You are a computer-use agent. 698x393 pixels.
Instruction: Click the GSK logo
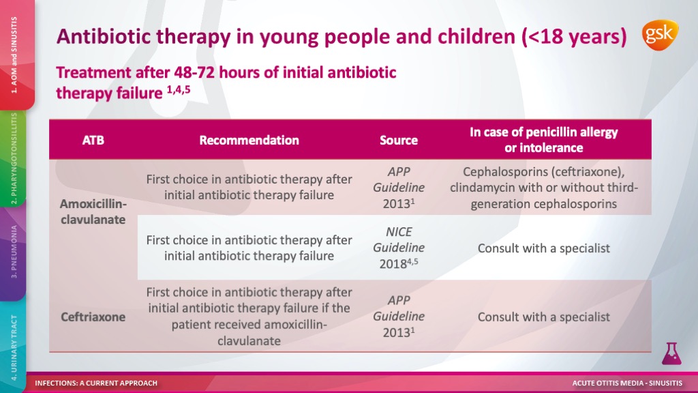coord(660,35)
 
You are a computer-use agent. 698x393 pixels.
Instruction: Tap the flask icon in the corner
coord(671,353)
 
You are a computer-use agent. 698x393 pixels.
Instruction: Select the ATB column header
coord(93,141)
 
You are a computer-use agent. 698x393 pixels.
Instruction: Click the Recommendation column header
coord(249,141)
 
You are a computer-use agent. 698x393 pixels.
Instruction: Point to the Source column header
coord(398,141)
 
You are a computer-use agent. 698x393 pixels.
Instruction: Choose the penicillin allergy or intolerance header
coord(543,140)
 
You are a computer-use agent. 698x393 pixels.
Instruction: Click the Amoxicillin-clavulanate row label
coord(93,212)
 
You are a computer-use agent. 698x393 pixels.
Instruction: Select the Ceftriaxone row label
coord(93,317)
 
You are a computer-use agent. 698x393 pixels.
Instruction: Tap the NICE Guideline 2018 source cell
coord(398,248)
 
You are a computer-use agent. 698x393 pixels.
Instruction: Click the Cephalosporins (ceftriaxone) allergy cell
coord(543,188)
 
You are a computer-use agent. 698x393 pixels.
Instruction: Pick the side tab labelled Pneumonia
coord(14,252)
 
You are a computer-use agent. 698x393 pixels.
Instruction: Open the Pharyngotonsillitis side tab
coord(14,158)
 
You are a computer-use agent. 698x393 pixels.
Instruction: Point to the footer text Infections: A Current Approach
coord(96,383)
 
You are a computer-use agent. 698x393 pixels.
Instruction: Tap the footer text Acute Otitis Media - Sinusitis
coord(627,383)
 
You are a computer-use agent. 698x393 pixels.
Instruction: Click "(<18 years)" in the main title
coord(574,37)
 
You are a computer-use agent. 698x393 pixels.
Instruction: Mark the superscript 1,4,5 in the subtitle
coord(179,89)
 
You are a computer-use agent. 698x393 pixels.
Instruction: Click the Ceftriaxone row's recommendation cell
coord(249,317)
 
